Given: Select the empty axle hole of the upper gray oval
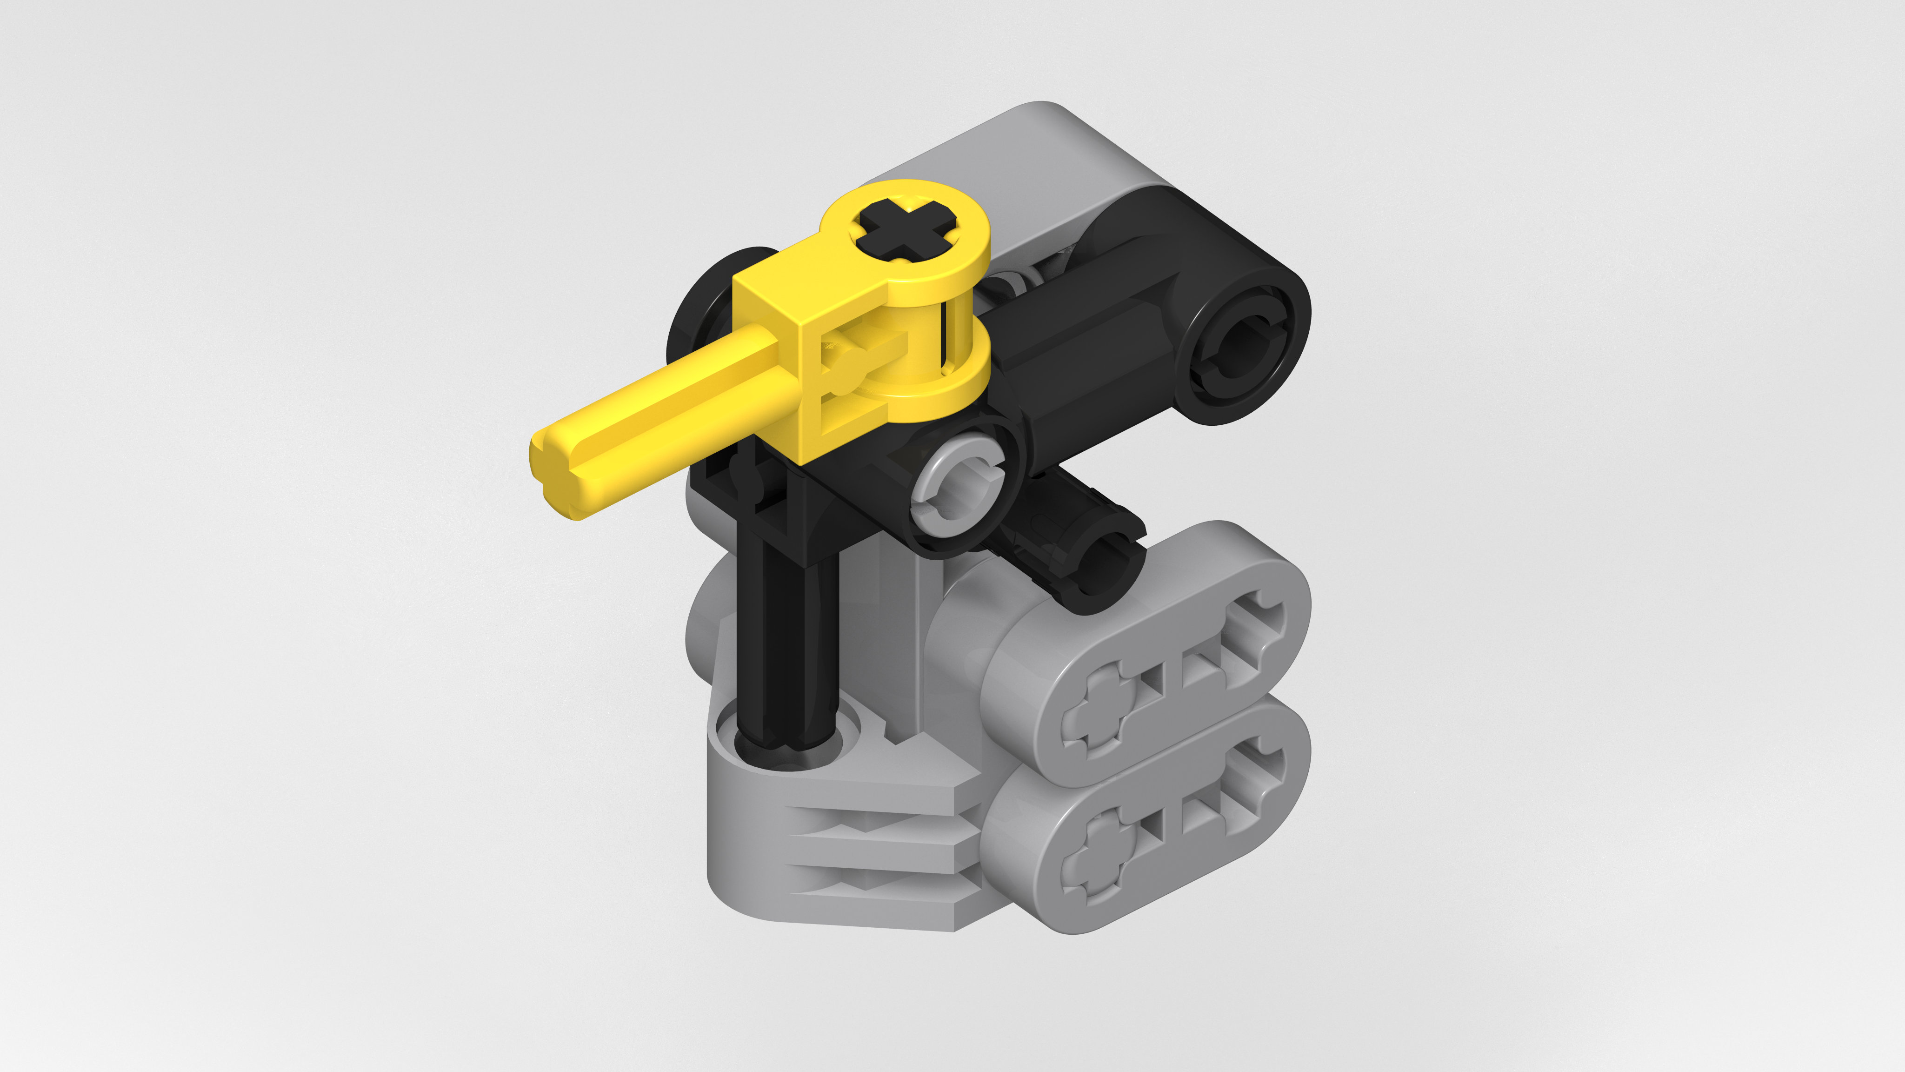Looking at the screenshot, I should pyautogui.click(x=1250, y=629).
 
